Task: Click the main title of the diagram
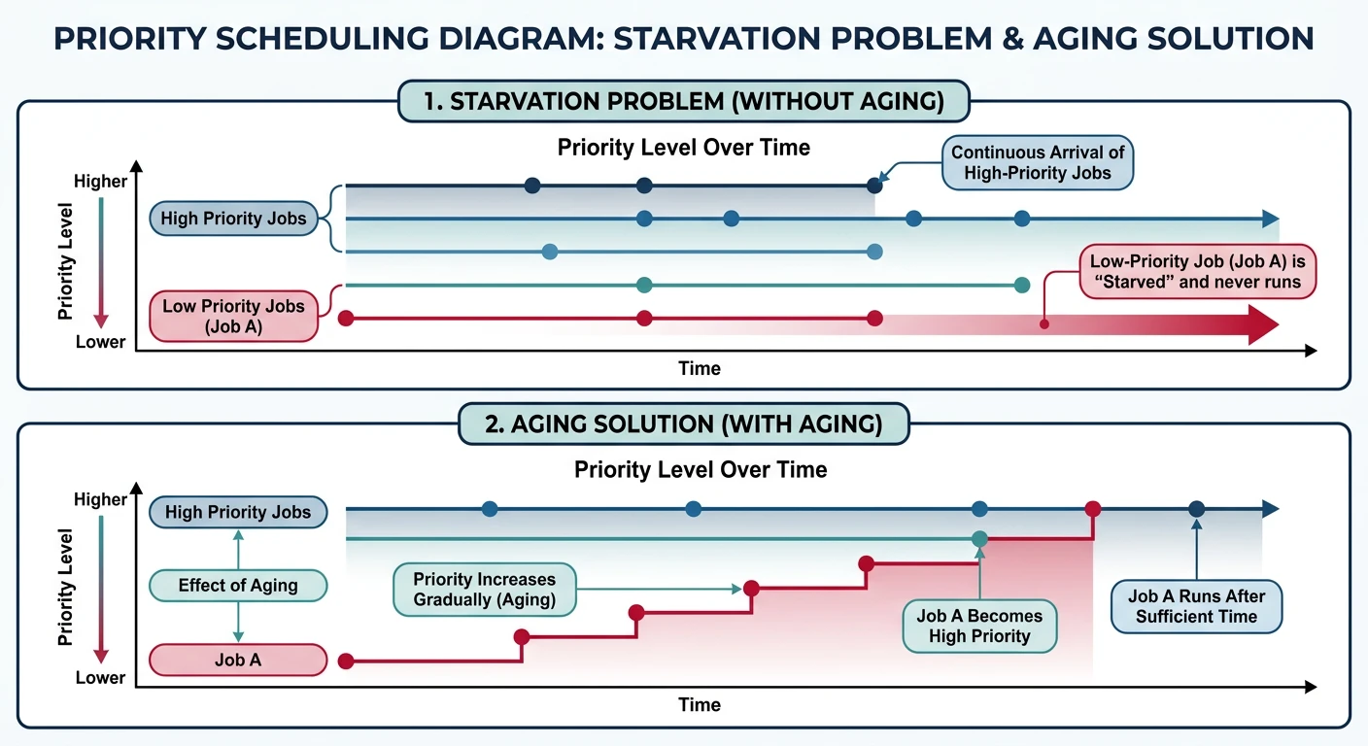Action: tap(683, 38)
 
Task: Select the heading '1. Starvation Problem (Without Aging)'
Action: tap(684, 101)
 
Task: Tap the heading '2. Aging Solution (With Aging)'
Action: tap(684, 424)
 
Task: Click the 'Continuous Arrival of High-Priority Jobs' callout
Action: tap(1039, 163)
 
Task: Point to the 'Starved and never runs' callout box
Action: tap(1202, 272)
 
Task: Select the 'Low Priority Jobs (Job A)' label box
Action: tap(233, 317)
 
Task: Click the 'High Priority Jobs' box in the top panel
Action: tap(233, 219)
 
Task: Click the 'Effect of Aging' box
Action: tap(238, 586)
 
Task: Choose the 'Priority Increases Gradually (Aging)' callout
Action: tap(484, 590)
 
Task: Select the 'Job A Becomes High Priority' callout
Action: tap(978, 627)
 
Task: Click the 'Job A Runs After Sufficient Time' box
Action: tap(1196, 606)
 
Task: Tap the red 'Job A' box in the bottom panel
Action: tap(237, 661)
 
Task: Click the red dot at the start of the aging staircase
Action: tap(344, 661)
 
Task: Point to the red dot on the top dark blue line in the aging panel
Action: tap(1093, 509)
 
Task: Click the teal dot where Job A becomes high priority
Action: tap(979, 538)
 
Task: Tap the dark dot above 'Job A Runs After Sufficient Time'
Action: tap(1196, 509)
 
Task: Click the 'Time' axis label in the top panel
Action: tap(700, 369)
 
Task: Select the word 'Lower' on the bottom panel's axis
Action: tap(101, 678)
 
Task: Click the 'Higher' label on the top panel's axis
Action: tap(101, 182)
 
